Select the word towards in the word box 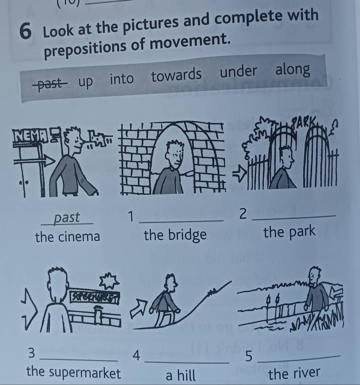click(176, 75)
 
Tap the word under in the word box click(238, 71)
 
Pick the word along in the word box click(293, 70)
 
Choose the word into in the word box click(122, 79)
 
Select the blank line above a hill click(187, 362)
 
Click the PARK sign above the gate click(303, 121)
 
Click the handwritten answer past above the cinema click(67, 218)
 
